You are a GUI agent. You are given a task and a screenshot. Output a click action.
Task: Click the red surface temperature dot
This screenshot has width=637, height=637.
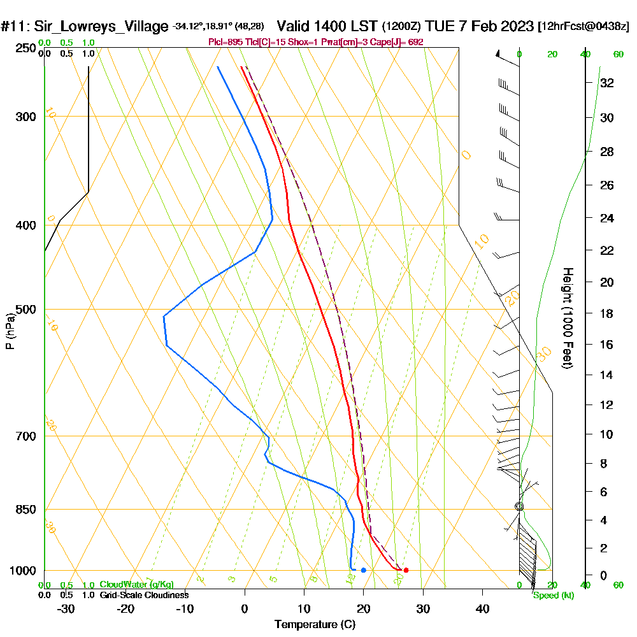click(406, 570)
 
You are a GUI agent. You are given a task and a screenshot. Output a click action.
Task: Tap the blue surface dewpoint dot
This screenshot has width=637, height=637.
click(363, 570)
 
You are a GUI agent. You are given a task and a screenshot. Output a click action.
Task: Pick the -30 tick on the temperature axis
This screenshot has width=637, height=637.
click(66, 609)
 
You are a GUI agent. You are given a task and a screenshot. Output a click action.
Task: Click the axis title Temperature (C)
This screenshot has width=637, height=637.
click(315, 625)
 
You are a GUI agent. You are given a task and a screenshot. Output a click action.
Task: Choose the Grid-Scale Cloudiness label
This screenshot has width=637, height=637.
click(144, 595)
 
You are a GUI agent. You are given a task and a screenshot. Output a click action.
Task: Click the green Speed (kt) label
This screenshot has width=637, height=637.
click(554, 596)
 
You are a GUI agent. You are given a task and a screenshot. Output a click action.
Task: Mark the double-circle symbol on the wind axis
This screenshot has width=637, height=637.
click(519, 506)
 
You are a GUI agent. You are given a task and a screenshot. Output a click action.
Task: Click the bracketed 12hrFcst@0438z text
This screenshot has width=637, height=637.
click(583, 27)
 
